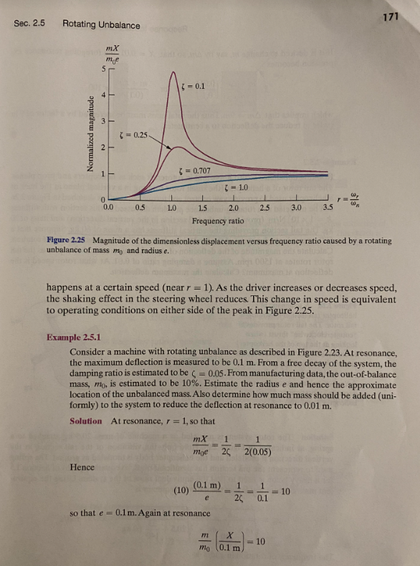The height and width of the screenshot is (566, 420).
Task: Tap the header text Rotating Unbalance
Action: point(101,26)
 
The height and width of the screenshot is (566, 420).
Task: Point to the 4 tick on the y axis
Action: point(104,94)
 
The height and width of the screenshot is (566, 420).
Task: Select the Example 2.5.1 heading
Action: point(75,337)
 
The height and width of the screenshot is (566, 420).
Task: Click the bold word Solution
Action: point(86,421)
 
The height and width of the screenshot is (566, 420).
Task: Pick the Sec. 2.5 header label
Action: point(29,23)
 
